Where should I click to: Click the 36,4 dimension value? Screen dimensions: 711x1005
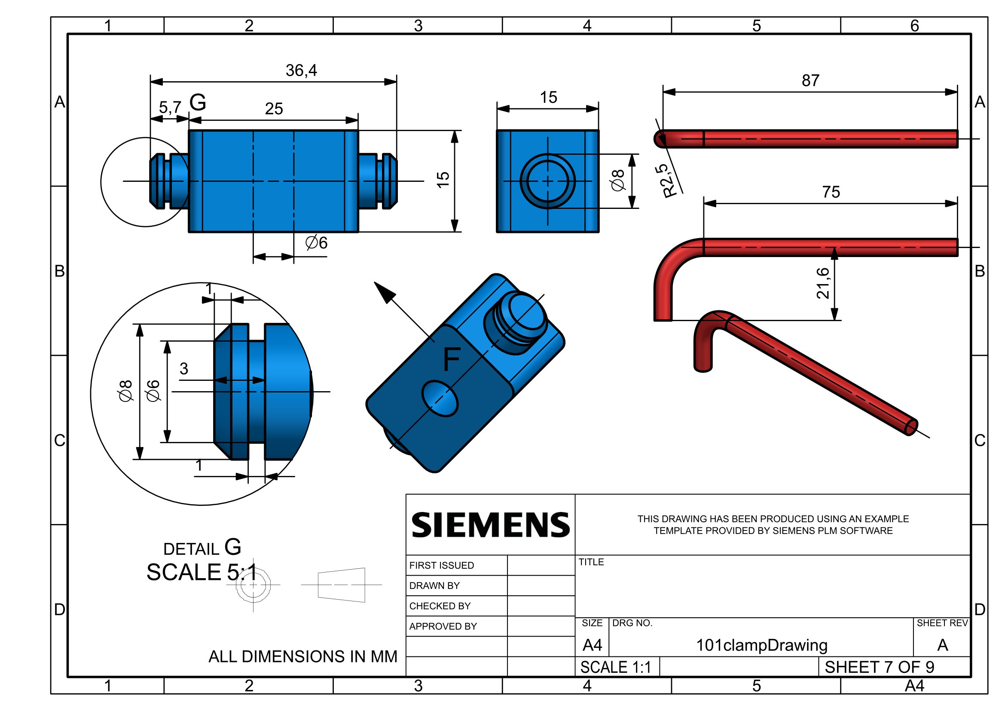coord(301,70)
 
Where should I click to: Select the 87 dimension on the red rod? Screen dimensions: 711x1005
coord(810,80)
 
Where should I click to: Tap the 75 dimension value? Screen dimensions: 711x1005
coord(831,192)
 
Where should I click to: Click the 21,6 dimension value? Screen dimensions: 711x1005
coord(822,283)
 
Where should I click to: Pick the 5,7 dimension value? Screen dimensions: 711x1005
coord(170,107)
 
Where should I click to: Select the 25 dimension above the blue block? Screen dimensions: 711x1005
coord(274,109)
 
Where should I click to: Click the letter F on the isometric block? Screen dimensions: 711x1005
coord(452,359)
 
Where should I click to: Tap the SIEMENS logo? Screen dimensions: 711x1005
coord(491,525)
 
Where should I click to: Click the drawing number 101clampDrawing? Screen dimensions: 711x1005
coord(762,645)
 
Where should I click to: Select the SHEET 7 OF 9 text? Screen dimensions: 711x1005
coord(880,667)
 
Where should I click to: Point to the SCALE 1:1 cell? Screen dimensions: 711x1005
coord(616,667)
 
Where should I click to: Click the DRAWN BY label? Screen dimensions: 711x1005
coord(434,586)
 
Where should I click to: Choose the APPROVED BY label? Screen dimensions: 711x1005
coord(443,626)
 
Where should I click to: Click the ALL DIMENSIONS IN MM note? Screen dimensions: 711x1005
coord(303,657)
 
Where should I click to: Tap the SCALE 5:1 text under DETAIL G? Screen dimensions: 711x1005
coord(202,572)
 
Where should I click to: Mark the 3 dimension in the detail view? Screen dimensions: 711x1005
coord(184,369)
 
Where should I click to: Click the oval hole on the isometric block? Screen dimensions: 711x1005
coord(440,398)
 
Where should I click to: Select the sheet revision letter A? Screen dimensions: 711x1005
coord(942,645)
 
